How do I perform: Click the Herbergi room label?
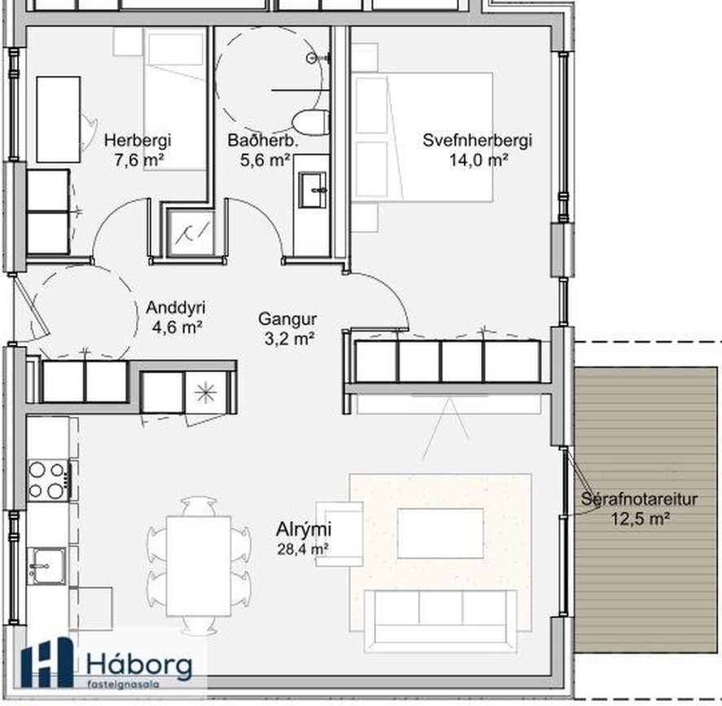tap(138, 140)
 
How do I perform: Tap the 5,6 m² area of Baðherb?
tap(265, 160)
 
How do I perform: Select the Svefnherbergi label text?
tap(477, 140)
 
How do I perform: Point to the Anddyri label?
tap(176, 308)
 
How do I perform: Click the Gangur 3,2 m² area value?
tap(290, 340)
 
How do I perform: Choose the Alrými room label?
tap(304, 529)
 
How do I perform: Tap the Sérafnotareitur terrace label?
tap(639, 498)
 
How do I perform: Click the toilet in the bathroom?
tap(310, 123)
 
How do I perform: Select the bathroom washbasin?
tap(313, 190)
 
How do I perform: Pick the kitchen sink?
tap(46, 566)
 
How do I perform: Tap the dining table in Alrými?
tap(199, 566)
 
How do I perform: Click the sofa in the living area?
tap(440, 620)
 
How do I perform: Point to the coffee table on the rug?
tap(440, 533)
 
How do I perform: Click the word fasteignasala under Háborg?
tap(124, 685)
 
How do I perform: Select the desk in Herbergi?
tap(59, 120)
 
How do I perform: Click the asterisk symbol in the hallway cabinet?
tap(205, 392)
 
